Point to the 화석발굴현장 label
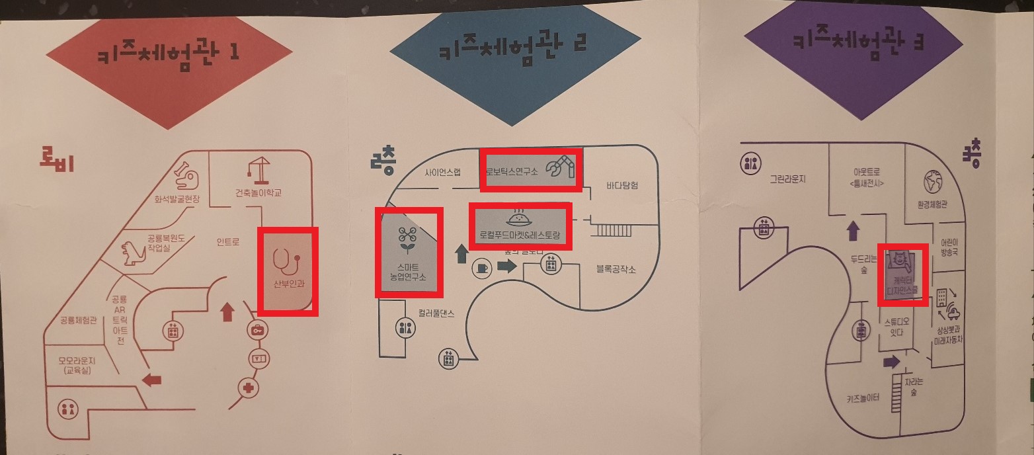coord(177,198)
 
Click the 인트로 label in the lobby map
coord(227,243)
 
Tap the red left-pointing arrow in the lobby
coord(152,380)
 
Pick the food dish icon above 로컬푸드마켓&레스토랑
coord(518,217)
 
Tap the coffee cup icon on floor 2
coord(481,268)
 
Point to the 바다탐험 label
coord(622,186)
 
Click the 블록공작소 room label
coord(616,269)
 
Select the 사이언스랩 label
coord(442,172)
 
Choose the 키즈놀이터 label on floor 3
coord(863,398)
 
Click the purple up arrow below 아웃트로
coord(853,231)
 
